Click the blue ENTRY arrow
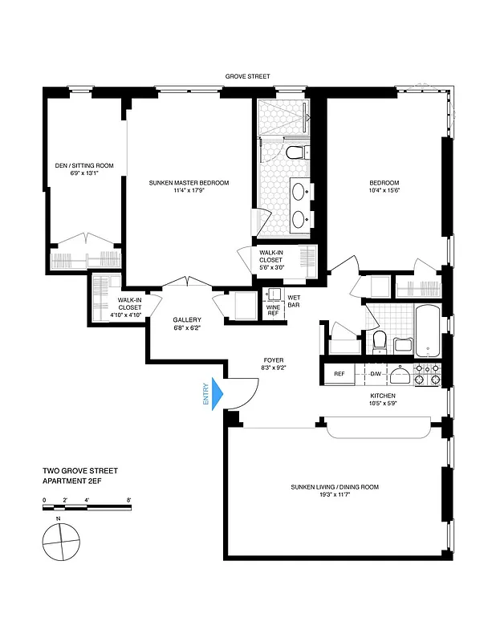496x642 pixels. [x=216, y=395]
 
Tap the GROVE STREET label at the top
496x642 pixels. [x=248, y=78]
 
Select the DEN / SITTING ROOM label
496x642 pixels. [x=84, y=165]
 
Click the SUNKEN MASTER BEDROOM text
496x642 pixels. [x=189, y=183]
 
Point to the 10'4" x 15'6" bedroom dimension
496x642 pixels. [x=384, y=190]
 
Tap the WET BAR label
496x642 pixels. [x=294, y=302]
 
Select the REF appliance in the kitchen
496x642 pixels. [x=339, y=374]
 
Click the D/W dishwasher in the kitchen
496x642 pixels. [x=376, y=374]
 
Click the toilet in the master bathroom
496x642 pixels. [x=294, y=152]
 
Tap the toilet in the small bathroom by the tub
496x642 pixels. [x=380, y=340]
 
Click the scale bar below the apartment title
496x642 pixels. [x=86, y=507]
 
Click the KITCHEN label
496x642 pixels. [x=384, y=396]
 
